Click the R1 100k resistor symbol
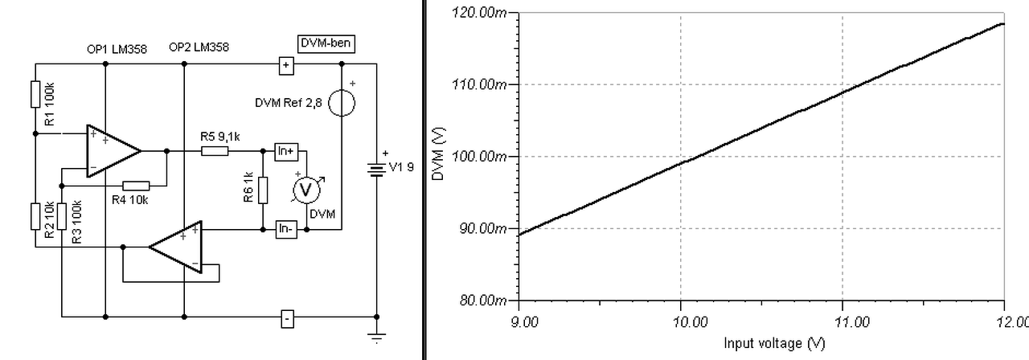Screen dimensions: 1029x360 (35, 94)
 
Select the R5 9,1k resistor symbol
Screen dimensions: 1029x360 (215, 150)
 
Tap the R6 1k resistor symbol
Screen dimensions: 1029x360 (263, 190)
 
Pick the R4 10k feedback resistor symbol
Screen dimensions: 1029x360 (136, 186)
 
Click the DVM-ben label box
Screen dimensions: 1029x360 (326, 43)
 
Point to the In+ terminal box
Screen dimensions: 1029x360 (286, 151)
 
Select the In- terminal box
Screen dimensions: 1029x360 (286, 229)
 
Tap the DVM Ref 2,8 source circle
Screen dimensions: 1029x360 (342, 103)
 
